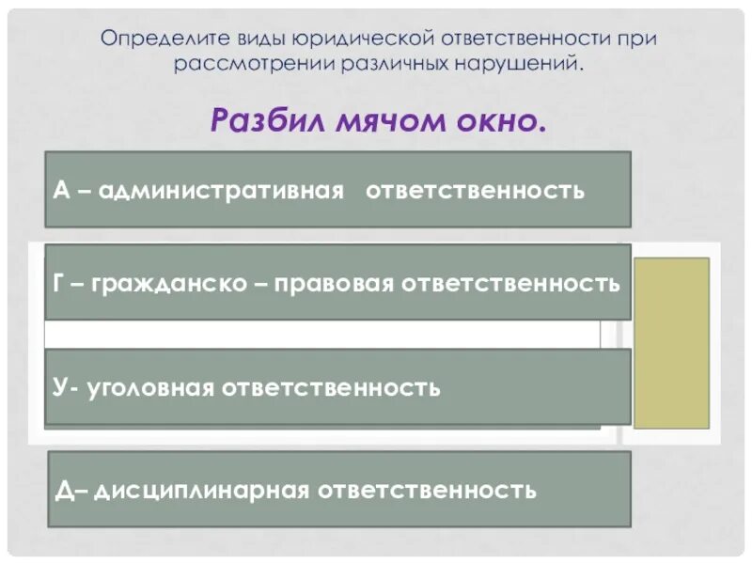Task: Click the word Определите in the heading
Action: pyautogui.click(x=150, y=39)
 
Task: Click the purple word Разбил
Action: pyautogui.click(x=267, y=120)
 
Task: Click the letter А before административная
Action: pyautogui.click(x=61, y=191)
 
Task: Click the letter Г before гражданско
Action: pyautogui.click(x=60, y=283)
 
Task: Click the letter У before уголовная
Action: pyautogui.click(x=59, y=387)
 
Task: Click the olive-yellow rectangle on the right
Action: pyautogui.click(x=671, y=343)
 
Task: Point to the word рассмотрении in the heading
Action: pyautogui.click(x=251, y=65)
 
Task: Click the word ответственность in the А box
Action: pyautogui.click(x=475, y=191)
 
